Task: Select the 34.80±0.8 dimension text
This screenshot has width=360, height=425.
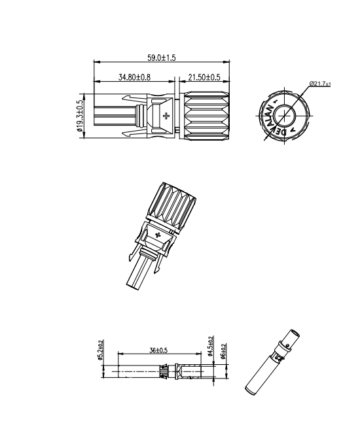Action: [x=134, y=77]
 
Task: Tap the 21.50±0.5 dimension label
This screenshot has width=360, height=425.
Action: [x=204, y=77]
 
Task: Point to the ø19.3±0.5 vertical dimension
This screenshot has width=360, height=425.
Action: [x=80, y=116]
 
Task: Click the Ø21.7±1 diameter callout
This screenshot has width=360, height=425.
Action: [x=320, y=84]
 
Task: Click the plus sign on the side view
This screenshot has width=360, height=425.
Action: [x=166, y=116]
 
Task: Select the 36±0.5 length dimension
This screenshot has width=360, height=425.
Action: [x=158, y=350]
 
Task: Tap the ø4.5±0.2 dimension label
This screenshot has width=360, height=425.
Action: [x=210, y=346]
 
